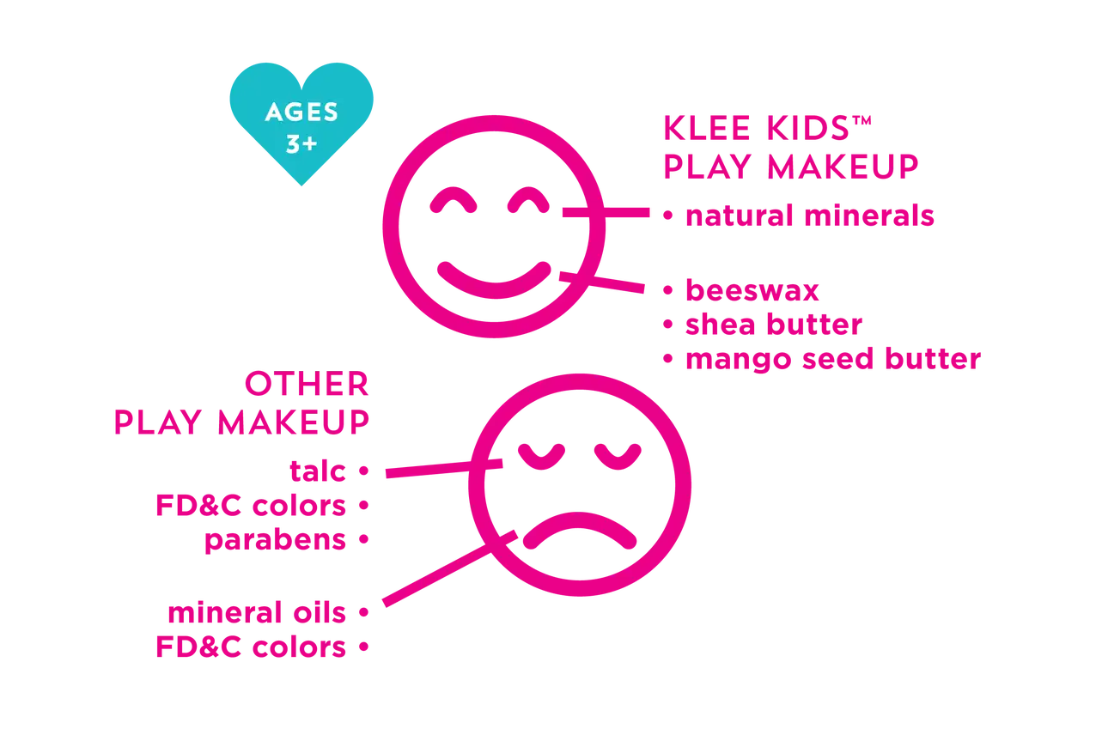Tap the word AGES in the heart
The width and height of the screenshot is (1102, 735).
tap(301, 112)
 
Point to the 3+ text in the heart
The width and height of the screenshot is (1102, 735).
tap(301, 144)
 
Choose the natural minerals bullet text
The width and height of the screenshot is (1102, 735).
tap(807, 216)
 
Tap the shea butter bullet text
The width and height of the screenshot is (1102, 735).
tap(771, 325)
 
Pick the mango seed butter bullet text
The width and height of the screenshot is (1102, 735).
tap(830, 359)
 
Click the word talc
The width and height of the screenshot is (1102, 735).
tap(319, 471)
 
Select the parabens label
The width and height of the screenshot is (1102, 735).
tap(274, 541)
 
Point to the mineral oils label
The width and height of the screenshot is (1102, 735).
tap(257, 613)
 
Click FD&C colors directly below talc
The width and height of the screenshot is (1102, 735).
tap(250, 507)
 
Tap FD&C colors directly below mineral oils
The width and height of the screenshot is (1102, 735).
tap(250, 647)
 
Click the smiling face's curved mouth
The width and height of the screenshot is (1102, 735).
tap(492, 277)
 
